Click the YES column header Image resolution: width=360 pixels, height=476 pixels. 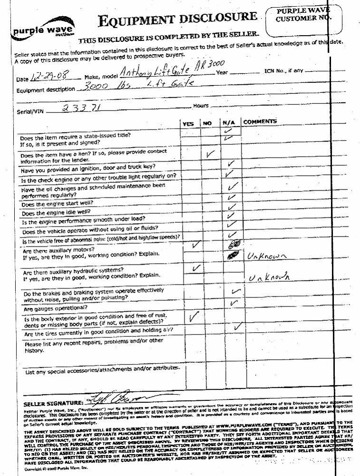tap(188, 123)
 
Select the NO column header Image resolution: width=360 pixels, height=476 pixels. tap(207, 123)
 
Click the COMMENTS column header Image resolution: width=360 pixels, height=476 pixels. tap(260, 122)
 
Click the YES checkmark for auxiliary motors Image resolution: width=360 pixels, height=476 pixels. tap(195, 246)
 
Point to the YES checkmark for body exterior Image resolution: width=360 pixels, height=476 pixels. tap(193, 316)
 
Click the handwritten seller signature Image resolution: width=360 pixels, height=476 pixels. tap(117, 397)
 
